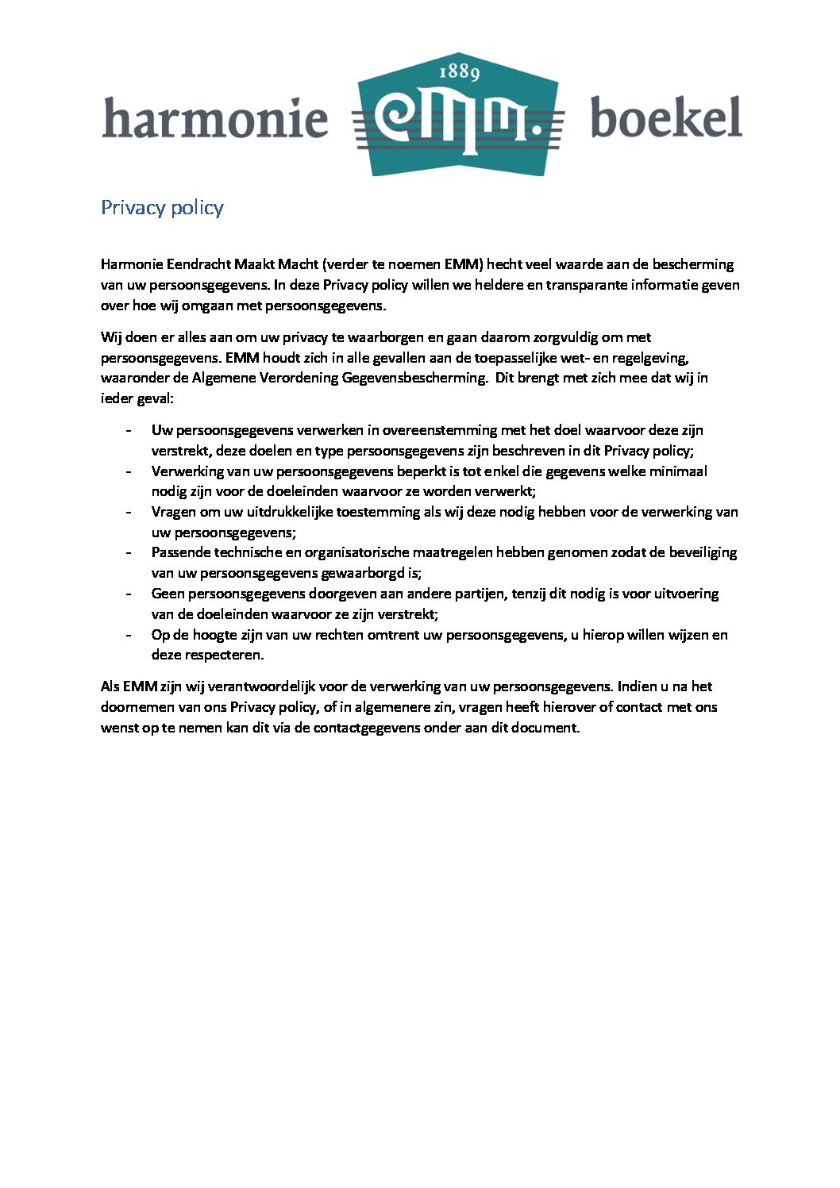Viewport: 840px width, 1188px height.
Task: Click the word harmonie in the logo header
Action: coord(215,119)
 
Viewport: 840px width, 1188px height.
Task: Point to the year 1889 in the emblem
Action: coord(460,73)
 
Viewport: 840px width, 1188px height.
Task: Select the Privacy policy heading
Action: coord(162,208)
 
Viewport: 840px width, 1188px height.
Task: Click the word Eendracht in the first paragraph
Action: coord(198,264)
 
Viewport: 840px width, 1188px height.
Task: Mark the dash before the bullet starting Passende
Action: coord(129,552)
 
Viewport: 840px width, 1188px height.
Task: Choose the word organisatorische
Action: coord(376,552)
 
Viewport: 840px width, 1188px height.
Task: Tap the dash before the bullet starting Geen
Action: coord(129,594)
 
